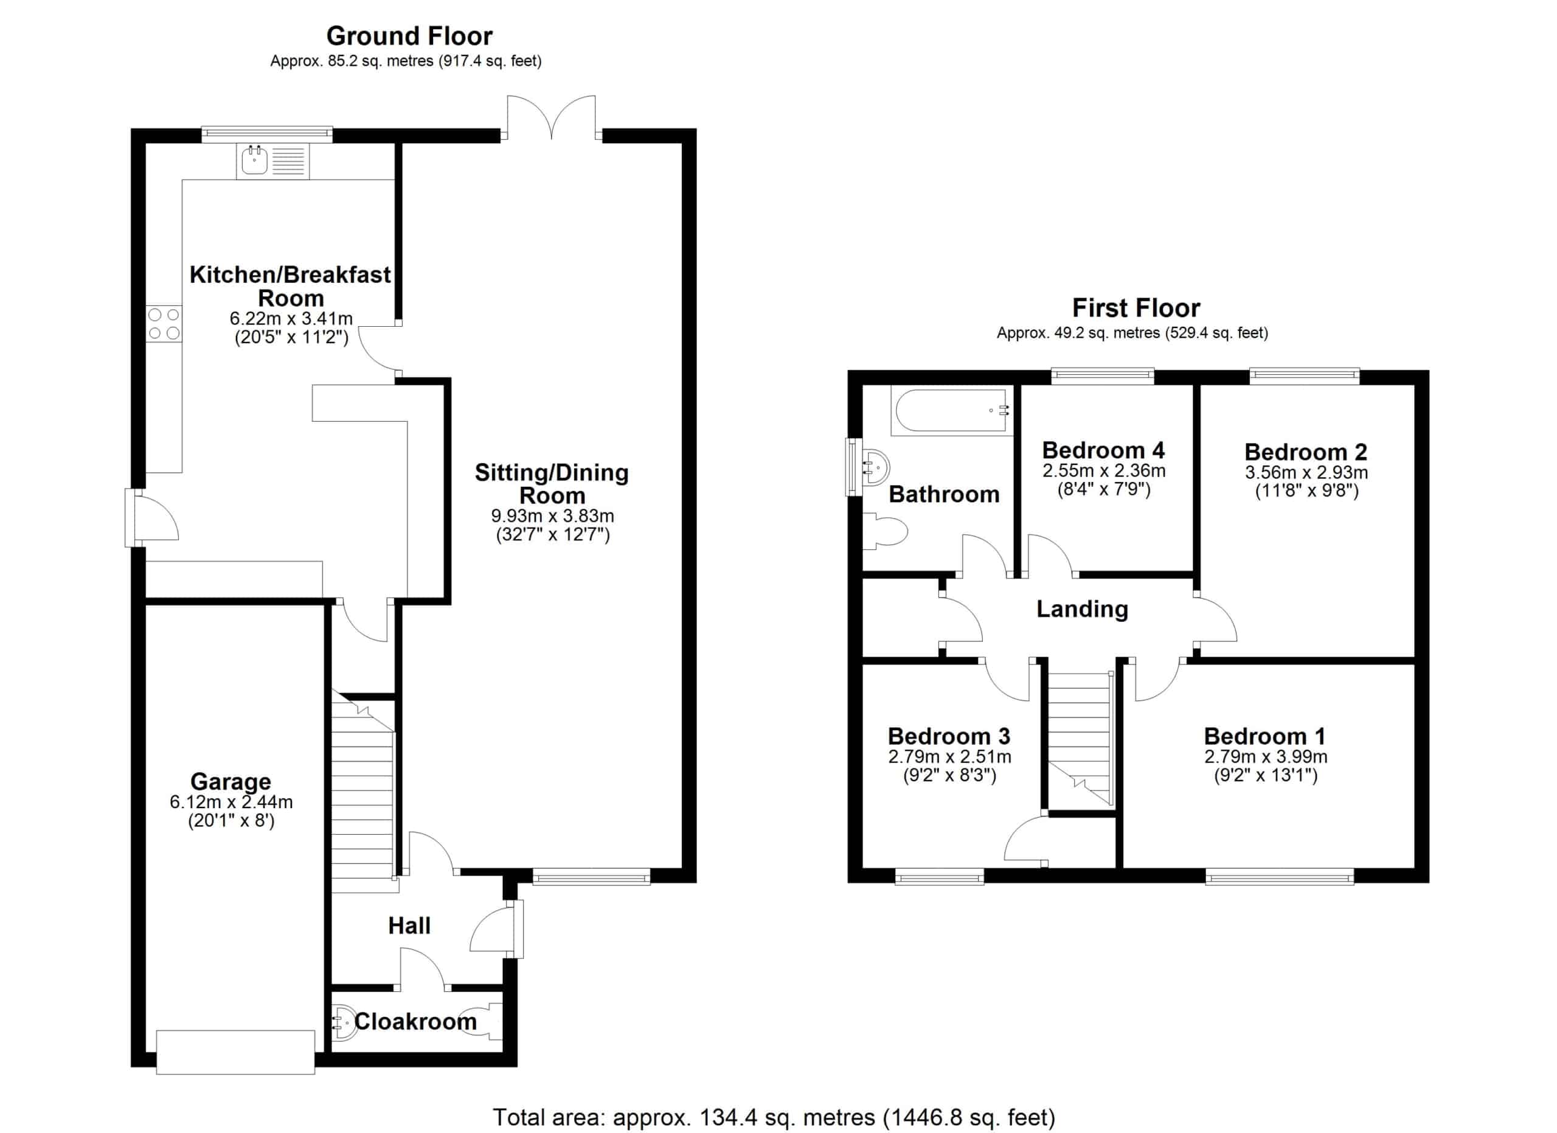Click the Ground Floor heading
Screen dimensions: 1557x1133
(409, 36)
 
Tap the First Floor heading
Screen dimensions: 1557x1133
(1136, 308)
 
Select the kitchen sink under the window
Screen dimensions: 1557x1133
(272, 161)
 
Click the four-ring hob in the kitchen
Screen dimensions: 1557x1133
(164, 324)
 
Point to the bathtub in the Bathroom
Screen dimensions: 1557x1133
(951, 411)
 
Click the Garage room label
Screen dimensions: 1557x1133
(231, 781)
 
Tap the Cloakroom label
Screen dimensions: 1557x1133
(415, 1022)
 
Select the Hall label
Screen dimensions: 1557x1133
(409, 926)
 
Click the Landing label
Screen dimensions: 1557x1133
(1082, 609)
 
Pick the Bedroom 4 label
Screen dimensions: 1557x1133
(1103, 450)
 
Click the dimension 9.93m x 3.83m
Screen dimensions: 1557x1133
(552, 515)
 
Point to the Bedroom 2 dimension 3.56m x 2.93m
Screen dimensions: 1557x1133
(1306, 472)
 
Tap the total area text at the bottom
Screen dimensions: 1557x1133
(774, 1118)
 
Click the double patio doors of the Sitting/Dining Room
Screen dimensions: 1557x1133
(551, 117)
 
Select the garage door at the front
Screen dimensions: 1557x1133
(235, 1052)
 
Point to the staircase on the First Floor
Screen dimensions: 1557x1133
(1079, 737)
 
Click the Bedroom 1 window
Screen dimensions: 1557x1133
(1280, 876)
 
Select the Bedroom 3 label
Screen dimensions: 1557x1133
(949, 737)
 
